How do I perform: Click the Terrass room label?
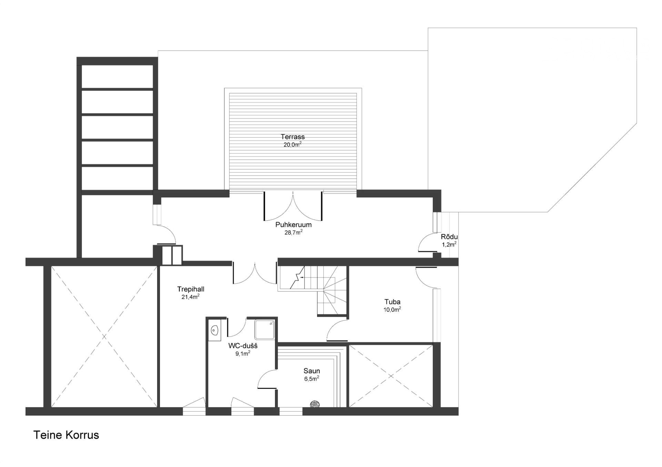tap(292, 137)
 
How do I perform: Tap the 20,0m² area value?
tap(292, 144)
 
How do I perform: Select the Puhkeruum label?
tap(293, 225)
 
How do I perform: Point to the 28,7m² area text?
tap(293, 232)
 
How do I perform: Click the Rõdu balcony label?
tap(449, 237)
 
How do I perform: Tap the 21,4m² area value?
tap(191, 297)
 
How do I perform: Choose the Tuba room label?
tap(392, 302)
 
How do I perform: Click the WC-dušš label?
tap(243, 346)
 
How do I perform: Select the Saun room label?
tap(312, 371)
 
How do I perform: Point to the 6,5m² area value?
tap(312, 378)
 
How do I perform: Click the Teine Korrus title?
tap(66, 435)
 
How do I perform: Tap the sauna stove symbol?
tap(314, 404)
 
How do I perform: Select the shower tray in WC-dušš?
tap(265, 330)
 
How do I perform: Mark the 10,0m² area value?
tap(392, 310)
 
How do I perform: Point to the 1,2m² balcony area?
tap(449, 245)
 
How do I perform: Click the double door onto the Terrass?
tap(293, 206)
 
